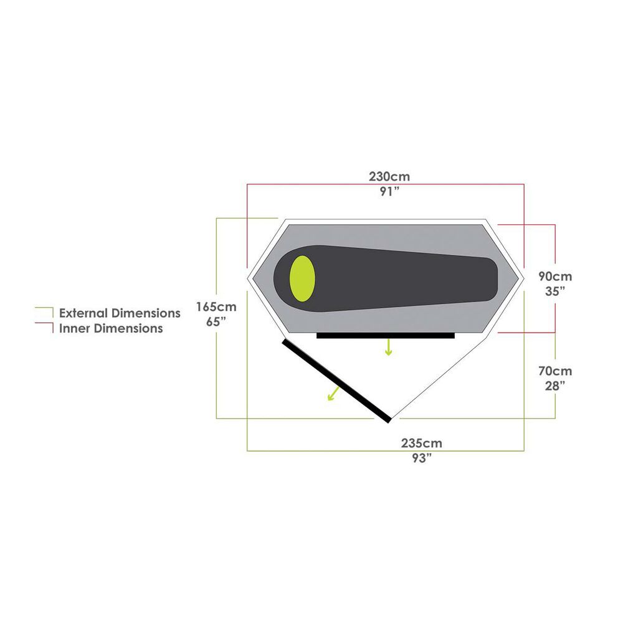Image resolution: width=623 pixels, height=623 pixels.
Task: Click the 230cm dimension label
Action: click(x=389, y=176)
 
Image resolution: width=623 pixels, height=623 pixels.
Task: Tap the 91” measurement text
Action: click(x=389, y=191)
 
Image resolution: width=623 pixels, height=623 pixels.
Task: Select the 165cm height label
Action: click(x=216, y=307)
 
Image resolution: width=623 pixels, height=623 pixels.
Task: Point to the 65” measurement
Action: click(x=216, y=322)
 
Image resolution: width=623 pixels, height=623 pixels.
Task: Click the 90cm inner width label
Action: click(x=554, y=276)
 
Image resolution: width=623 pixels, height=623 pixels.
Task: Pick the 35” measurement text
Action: click(x=554, y=291)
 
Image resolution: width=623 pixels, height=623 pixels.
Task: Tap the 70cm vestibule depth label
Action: click(x=554, y=371)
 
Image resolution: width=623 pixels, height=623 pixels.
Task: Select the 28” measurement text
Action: click(x=554, y=386)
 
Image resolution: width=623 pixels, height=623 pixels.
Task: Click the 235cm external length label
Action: click(x=421, y=443)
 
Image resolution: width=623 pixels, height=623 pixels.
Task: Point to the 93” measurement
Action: click(x=421, y=458)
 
